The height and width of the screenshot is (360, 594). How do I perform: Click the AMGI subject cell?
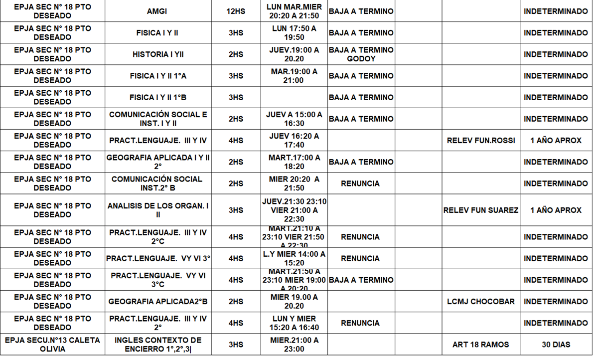pos(157,11)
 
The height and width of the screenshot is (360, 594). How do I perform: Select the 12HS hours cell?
pos(236,11)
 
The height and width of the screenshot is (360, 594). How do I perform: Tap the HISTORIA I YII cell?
pos(157,54)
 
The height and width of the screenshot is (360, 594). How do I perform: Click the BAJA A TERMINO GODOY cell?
pos(361,54)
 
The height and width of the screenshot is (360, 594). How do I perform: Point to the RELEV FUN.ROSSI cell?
pos(481,141)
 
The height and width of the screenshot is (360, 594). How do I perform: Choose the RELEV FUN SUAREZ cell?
pos(481,210)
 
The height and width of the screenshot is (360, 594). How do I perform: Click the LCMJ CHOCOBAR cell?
pos(481,302)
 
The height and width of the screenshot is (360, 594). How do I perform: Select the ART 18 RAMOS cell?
pos(481,345)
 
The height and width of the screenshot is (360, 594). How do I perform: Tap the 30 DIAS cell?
pos(556,345)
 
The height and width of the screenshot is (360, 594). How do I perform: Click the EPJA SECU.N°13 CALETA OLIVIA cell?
pos(52,345)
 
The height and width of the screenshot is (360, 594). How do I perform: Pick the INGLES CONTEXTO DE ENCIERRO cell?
pos(157,345)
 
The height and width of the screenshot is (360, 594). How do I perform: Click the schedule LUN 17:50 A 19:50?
pos(294,33)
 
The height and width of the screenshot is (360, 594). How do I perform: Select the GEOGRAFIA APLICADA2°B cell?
pos(157,302)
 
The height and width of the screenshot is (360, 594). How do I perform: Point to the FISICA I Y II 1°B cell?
pos(157,97)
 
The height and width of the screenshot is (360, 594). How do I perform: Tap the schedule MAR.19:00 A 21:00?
pos(294,76)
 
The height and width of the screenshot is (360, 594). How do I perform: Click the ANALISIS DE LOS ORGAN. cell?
pos(157,210)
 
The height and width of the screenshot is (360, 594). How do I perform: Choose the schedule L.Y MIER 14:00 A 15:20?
pos(294,258)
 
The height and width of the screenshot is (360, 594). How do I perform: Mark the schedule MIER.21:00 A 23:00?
pos(294,345)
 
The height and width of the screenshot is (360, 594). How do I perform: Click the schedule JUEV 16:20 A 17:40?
pos(294,141)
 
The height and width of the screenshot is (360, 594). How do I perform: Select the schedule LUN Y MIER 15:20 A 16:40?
pos(294,323)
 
